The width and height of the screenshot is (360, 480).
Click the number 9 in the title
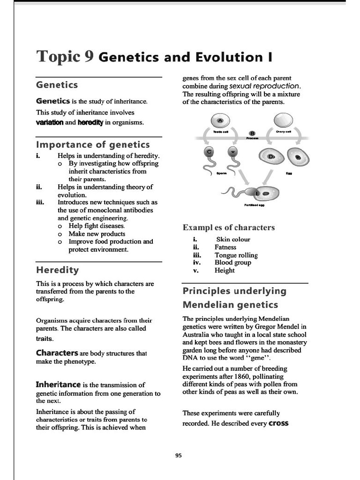pos(89,56)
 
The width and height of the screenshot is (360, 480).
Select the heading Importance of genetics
pos(93,144)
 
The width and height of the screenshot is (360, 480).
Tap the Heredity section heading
pos(57,270)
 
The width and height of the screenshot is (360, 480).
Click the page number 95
pos(178,455)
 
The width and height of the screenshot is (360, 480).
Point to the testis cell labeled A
pos(220,121)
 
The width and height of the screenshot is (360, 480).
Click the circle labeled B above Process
pos(252,133)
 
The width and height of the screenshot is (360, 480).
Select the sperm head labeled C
pos(210,152)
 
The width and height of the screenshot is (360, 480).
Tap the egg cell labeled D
pos(270,157)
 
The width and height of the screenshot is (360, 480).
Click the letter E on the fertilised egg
pos(257,194)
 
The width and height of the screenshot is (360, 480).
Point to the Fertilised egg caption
pos(254,205)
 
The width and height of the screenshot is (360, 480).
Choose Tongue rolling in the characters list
pos(236,255)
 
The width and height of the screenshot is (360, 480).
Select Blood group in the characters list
pos(233,262)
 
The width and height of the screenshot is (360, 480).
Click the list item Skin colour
pos(233,240)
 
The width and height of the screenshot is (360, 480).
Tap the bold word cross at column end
pos(278,423)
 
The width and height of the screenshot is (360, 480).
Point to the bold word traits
pos(45,338)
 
